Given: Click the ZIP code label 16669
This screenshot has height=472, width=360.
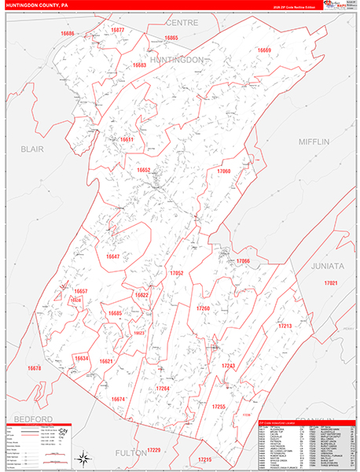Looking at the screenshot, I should tap(264, 50).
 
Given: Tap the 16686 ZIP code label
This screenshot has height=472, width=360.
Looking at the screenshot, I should tap(68, 34).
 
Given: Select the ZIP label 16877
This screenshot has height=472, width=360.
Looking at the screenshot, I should tap(117, 29).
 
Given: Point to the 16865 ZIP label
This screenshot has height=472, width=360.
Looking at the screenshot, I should tap(171, 38).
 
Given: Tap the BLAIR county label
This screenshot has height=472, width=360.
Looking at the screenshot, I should tap(32, 148).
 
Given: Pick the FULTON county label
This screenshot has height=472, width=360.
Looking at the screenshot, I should tap(130, 453).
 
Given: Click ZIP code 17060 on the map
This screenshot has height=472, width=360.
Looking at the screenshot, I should tap(224, 171).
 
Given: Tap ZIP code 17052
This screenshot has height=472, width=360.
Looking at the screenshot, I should tap(176, 273).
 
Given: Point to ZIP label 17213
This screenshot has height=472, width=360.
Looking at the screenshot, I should tap(285, 325).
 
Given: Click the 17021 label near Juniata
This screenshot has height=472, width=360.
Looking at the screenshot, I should tap(332, 283).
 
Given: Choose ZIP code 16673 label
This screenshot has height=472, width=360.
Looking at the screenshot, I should tap(34, 368).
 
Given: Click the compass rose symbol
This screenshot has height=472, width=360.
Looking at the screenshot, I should tap(83, 455).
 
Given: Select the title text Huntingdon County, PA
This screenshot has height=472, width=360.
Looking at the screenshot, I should tap(38, 5).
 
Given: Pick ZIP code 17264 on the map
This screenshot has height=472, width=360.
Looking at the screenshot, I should tap(163, 389).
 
